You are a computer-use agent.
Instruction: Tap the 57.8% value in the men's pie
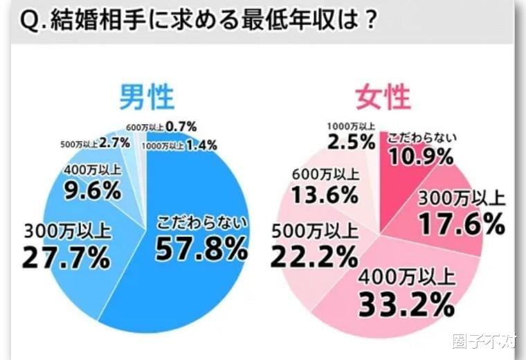pyautogui.click(x=201, y=248)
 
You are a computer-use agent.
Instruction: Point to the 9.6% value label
pyautogui.click(x=92, y=189)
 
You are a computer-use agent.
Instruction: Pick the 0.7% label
pyautogui.click(x=183, y=127)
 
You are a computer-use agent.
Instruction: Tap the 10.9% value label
pyautogui.click(x=421, y=156)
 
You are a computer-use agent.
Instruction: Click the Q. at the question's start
pyautogui.click(x=29, y=19)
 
